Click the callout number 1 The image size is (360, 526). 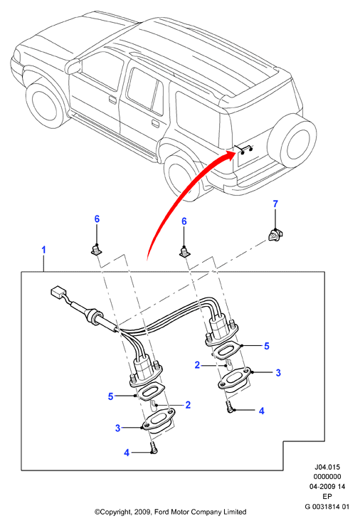click(x=43, y=250)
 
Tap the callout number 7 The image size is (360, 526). click(x=275, y=204)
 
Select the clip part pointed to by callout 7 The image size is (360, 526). click(x=275, y=234)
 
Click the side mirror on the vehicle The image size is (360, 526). click(x=73, y=65)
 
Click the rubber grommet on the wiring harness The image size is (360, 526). click(x=93, y=316)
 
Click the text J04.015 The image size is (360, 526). click(x=327, y=467)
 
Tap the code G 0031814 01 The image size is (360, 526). click(x=327, y=507)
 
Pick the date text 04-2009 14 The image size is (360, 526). click(x=327, y=486)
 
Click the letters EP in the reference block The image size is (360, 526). click(x=327, y=497)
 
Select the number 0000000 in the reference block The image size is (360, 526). click(x=327, y=476)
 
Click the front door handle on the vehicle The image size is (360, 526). click(x=112, y=100)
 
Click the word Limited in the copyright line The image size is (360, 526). click(x=235, y=512)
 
